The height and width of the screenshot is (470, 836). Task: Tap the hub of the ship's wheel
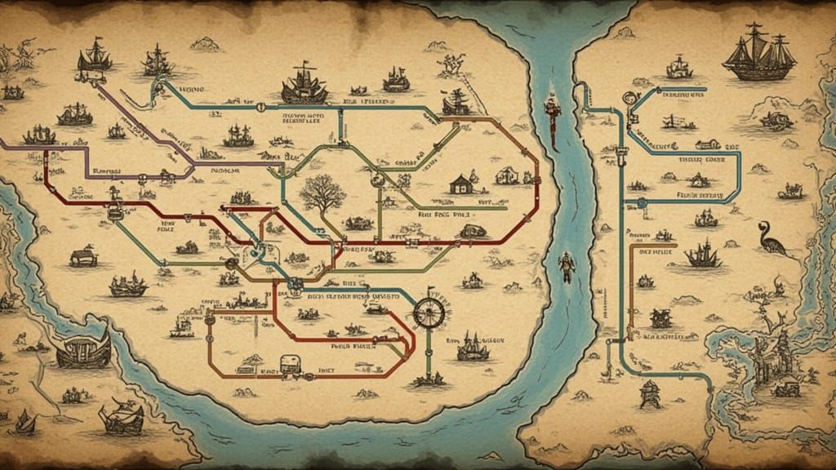tap(427, 312)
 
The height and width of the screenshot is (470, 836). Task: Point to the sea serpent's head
tap(763, 225)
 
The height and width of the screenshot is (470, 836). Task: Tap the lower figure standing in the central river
tap(566, 267)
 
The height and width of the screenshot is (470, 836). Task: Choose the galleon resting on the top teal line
tap(304, 85)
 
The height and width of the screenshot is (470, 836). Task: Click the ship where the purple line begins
tap(94, 60)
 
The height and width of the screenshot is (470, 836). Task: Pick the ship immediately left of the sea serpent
tap(703, 255)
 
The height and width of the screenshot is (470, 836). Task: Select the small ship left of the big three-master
tap(679, 67)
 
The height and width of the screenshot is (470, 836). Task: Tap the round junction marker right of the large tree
tap(377, 179)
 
